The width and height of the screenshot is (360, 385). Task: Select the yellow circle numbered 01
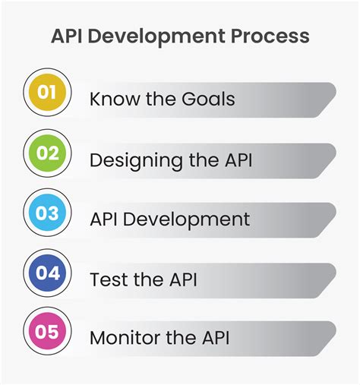47,93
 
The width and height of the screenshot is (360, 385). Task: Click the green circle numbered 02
47,153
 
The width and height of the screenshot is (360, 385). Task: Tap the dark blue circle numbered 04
47,273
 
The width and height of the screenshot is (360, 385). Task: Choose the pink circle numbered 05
47,333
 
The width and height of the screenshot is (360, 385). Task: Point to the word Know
111,99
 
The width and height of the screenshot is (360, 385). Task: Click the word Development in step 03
188,219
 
